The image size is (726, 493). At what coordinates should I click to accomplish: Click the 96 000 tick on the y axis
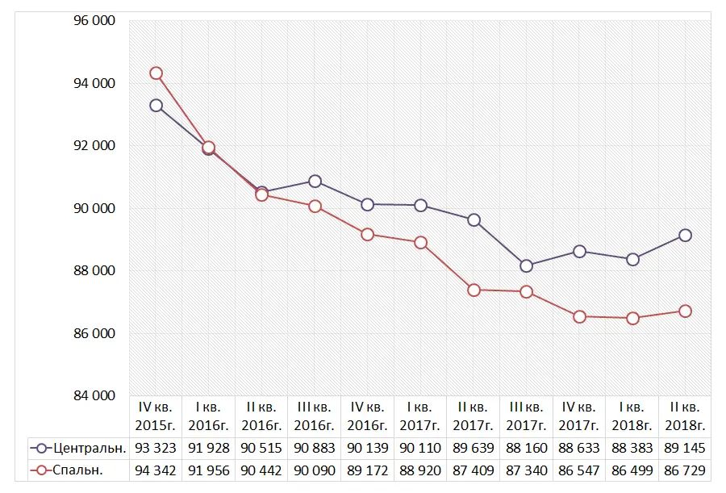95,21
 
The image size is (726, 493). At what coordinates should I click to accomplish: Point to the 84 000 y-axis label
95,395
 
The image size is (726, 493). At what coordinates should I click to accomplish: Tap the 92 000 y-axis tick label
95,146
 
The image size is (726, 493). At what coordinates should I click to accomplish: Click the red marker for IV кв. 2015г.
156,73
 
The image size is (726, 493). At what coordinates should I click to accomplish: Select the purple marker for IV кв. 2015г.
156,106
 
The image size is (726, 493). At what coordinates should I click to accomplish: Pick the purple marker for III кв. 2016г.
315,182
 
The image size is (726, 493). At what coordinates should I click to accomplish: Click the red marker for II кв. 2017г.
474,290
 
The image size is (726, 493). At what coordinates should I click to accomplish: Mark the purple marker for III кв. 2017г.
527,266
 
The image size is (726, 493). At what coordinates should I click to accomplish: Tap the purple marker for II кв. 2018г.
685,236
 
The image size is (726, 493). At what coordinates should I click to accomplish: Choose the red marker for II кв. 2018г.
685,311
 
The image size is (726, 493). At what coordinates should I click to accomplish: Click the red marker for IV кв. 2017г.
579,317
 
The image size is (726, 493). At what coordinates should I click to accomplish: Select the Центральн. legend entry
79,448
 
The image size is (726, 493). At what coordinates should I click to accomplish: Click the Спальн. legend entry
79,470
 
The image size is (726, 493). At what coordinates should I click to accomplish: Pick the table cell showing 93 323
156,448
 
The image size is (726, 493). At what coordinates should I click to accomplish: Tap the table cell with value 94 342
156,470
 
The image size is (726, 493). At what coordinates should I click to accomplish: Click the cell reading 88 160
527,448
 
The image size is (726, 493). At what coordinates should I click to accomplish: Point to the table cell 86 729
685,470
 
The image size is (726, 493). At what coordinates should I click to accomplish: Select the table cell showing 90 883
315,448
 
